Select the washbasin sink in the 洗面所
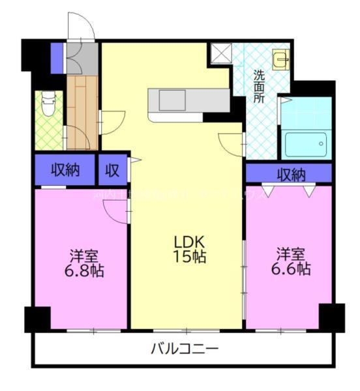(282, 60)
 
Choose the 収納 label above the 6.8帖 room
(65, 171)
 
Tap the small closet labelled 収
(113, 171)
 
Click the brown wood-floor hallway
(82, 111)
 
